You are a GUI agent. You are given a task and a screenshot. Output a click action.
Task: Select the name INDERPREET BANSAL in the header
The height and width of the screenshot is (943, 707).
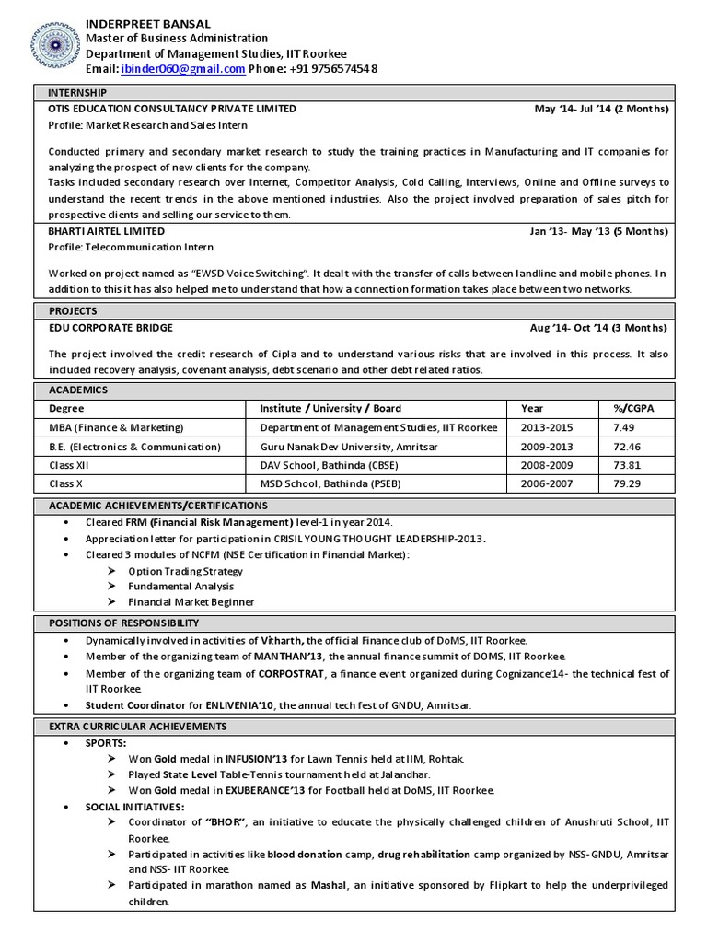pyautogui.click(x=148, y=23)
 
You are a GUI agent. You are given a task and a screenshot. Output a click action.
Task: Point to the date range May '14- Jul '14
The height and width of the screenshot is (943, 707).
pyautogui.click(x=571, y=109)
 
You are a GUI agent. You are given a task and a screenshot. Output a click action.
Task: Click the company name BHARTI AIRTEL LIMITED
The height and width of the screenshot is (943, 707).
pyautogui.click(x=107, y=231)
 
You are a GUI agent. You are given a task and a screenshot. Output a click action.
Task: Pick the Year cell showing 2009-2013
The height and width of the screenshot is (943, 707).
pyautogui.click(x=545, y=447)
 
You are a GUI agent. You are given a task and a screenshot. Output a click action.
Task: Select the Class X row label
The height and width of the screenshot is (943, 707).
pyautogui.click(x=66, y=484)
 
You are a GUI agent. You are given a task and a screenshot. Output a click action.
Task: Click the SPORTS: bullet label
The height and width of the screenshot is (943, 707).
pyautogui.click(x=107, y=742)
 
